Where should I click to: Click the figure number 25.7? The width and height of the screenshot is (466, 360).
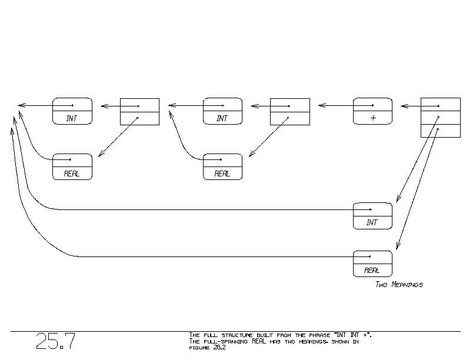pos(55,342)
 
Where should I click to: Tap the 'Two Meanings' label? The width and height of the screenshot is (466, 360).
pos(399,285)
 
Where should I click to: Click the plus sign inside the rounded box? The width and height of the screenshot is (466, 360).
pos(373,118)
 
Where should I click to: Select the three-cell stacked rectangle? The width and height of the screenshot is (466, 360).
pos(440,118)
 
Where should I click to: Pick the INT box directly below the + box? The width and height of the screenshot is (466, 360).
pos(372,216)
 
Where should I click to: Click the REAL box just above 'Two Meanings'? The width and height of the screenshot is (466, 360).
pos(372,264)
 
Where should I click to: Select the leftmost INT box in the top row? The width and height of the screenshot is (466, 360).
pos(72,111)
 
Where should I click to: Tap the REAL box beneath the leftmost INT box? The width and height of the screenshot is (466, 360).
pos(72,166)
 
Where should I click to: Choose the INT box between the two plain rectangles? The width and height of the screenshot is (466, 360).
pos(222,111)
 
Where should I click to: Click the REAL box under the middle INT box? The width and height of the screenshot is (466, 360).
pos(222,166)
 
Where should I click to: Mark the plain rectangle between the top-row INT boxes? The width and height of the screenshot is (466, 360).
pos(139,111)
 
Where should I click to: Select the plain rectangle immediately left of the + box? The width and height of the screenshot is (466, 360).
pos(289,111)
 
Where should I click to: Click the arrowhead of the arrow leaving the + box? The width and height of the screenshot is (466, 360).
pos(321,106)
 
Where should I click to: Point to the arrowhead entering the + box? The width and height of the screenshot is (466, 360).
pos(404,106)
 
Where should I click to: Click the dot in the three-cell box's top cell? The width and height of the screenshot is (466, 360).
pos(440,106)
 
